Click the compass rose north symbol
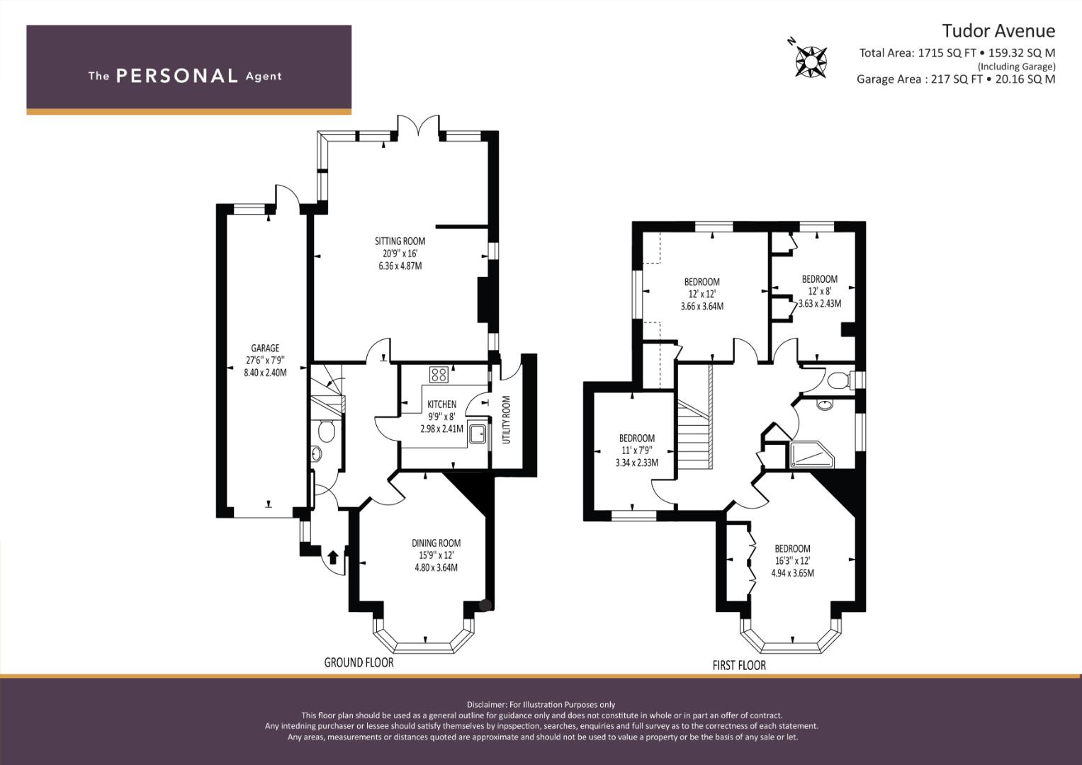pos(811,62)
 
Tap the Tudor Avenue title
pos(998,31)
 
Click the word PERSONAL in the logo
pos(177,76)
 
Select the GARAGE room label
pos(265,348)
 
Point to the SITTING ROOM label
pos(400,241)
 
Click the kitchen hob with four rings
pos(439,375)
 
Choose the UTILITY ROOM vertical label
pos(506,419)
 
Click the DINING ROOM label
pos(436,543)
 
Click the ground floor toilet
pos(326,431)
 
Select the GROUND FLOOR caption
pos(359,662)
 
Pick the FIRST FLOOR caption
pos(739,666)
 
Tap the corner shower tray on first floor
pos(812,455)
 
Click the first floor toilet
pos(840,380)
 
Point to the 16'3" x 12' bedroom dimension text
pos(792,561)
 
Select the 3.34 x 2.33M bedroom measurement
pos(636,463)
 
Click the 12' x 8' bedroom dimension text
pos(820,291)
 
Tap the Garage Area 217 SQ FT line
pos(956,79)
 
